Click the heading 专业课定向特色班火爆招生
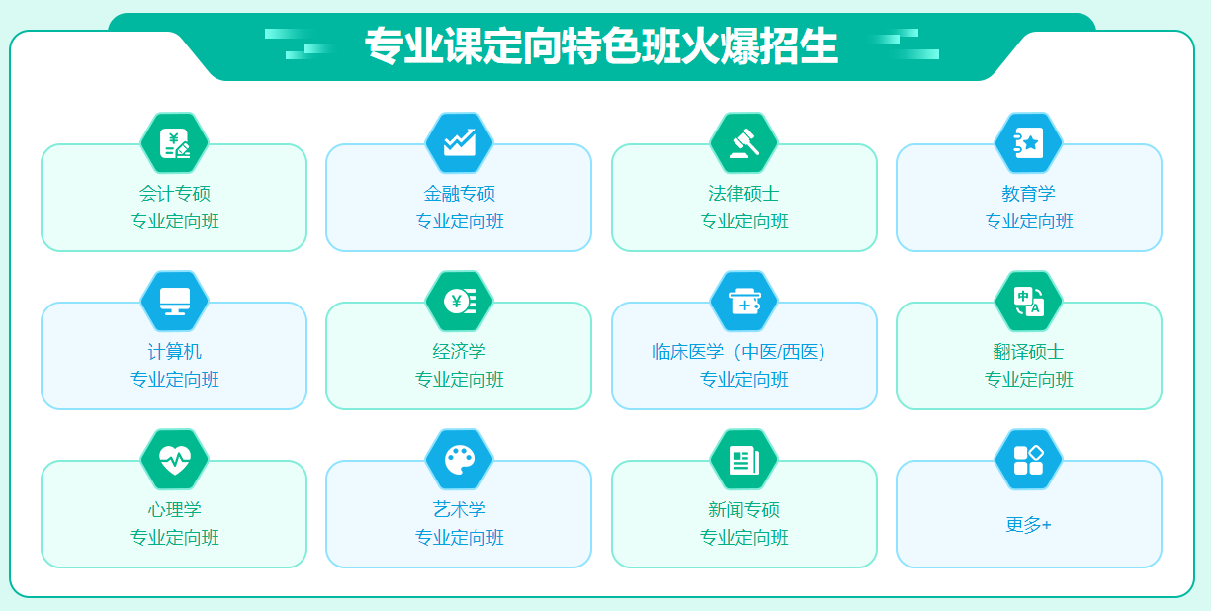pos(601,46)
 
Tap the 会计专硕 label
pos(174,194)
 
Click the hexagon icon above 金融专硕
pos(459,143)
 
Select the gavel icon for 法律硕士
pos(743,143)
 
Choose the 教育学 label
pos(1028,194)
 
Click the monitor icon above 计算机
pos(174,302)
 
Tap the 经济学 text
pos(459,352)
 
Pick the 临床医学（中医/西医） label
pos(743,352)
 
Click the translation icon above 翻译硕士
pos(1028,302)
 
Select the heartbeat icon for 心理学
pos(174,460)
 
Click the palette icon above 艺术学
pos(459,460)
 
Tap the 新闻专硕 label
pos(743,510)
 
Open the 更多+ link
pos(1028,525)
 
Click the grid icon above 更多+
pos(1028,460)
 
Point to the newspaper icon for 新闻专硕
pos(743,460)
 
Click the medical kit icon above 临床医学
pos(743,302)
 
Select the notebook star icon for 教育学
pos(1028,143)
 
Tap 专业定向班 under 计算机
pos(174,380)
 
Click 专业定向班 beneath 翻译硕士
pos(1028,380)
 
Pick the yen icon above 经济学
pos(459,302)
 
